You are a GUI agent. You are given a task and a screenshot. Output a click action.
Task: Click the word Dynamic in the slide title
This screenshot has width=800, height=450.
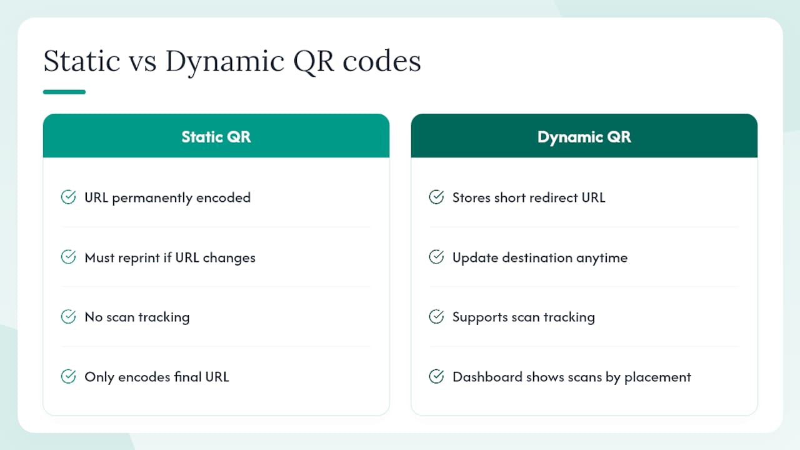[x=225, y=62]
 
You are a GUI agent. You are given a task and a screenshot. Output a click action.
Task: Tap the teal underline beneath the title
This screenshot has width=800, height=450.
[x=64, y=92]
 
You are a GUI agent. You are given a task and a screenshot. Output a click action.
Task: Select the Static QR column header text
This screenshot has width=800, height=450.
[x=216, y=137]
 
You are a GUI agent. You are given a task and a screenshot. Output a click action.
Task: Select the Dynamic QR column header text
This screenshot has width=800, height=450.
[x=584, y=137]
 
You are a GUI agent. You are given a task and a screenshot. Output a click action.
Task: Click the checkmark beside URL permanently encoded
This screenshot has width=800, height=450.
[x=68, y=197]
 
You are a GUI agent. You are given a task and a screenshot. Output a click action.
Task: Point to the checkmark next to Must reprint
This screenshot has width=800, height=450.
[x=68, y=257]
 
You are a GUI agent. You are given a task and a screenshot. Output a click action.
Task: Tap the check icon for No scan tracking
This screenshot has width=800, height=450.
[x=68, y=316]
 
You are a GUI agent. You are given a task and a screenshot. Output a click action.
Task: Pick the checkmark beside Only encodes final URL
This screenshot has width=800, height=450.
[x=68, y=376]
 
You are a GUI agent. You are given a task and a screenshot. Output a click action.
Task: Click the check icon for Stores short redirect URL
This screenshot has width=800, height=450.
[x=436, y=197]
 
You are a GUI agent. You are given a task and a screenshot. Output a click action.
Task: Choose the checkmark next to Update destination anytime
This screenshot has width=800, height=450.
[x=436, y=257]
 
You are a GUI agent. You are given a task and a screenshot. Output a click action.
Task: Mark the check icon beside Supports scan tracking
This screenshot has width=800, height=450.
[x=436, y=316]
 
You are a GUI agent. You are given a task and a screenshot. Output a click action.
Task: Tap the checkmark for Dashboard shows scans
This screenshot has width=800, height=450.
[x=436, y=376]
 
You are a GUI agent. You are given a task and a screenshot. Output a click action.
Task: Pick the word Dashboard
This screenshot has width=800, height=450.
[x=487, y=377]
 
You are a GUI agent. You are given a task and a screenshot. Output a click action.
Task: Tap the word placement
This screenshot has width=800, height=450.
[x=657, y=377]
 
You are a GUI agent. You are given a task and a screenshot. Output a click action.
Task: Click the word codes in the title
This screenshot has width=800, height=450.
[x=382, y=61]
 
